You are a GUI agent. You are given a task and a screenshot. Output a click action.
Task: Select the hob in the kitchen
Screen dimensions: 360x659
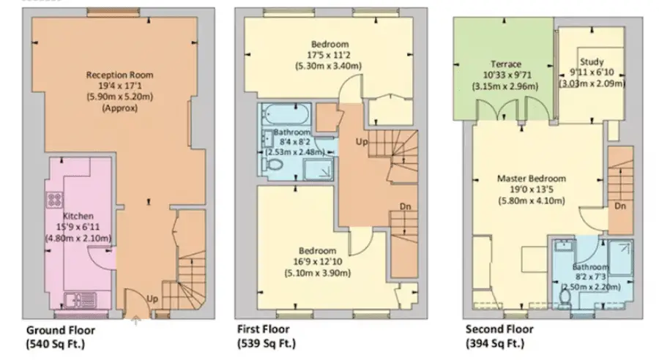[54, 199]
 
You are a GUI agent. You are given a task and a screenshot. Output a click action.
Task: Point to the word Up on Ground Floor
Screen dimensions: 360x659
[152, 299]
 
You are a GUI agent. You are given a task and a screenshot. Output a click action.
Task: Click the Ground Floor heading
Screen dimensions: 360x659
[61, 329]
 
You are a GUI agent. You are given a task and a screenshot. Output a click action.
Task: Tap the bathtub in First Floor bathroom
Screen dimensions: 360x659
[285, 116]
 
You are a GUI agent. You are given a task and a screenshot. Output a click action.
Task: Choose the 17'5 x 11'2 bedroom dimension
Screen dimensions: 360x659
[329, 53]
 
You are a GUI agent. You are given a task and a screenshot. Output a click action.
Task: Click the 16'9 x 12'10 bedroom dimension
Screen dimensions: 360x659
[317, 263]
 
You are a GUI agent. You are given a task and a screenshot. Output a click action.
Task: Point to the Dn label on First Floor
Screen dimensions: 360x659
[405, 207]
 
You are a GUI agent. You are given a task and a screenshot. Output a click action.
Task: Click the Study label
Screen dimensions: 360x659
[591, 61]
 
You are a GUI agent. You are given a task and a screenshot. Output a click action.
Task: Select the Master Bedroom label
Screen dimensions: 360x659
[531, 179]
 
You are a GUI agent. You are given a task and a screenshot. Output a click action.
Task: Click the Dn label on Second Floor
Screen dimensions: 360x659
[619, 207]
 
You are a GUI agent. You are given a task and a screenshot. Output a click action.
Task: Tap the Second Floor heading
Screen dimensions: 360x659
[499, 329]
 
